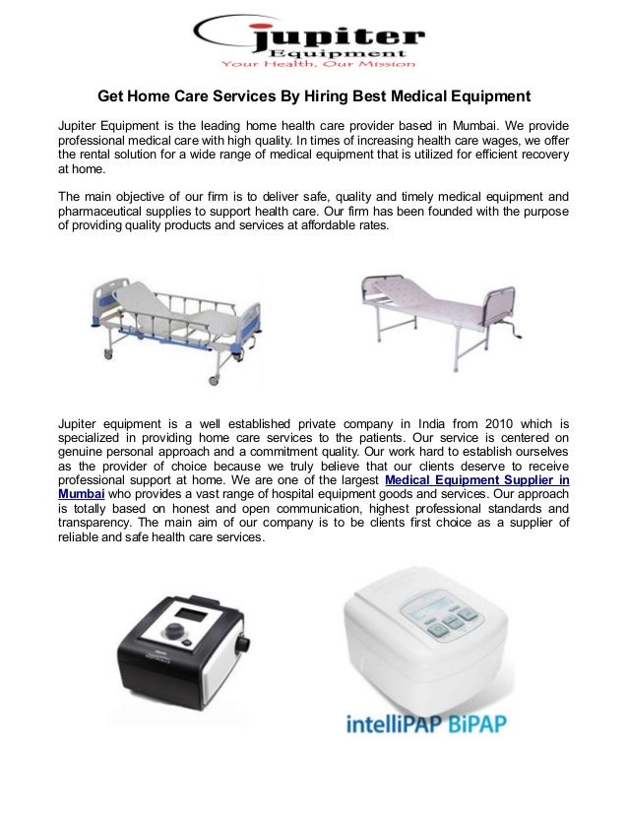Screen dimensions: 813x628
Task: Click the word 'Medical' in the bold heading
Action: pyautogui.click(x=408, y=96)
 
